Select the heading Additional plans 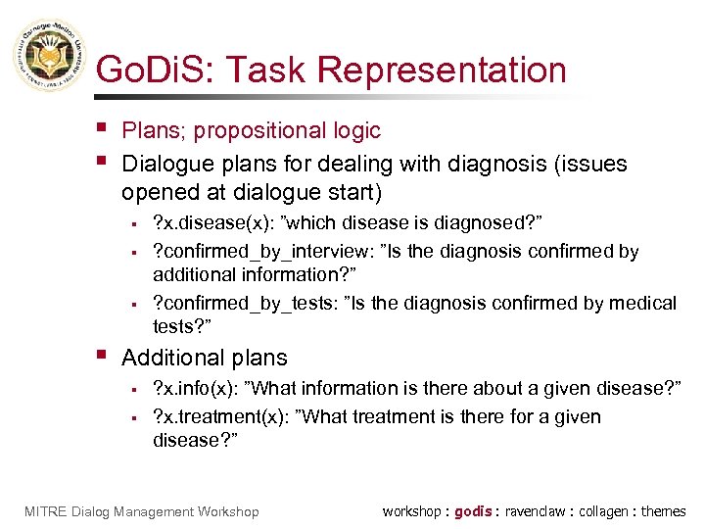point(205,358)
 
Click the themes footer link point(664,511)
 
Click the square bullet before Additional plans point(103,355)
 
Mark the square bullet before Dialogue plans point(103,160)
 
